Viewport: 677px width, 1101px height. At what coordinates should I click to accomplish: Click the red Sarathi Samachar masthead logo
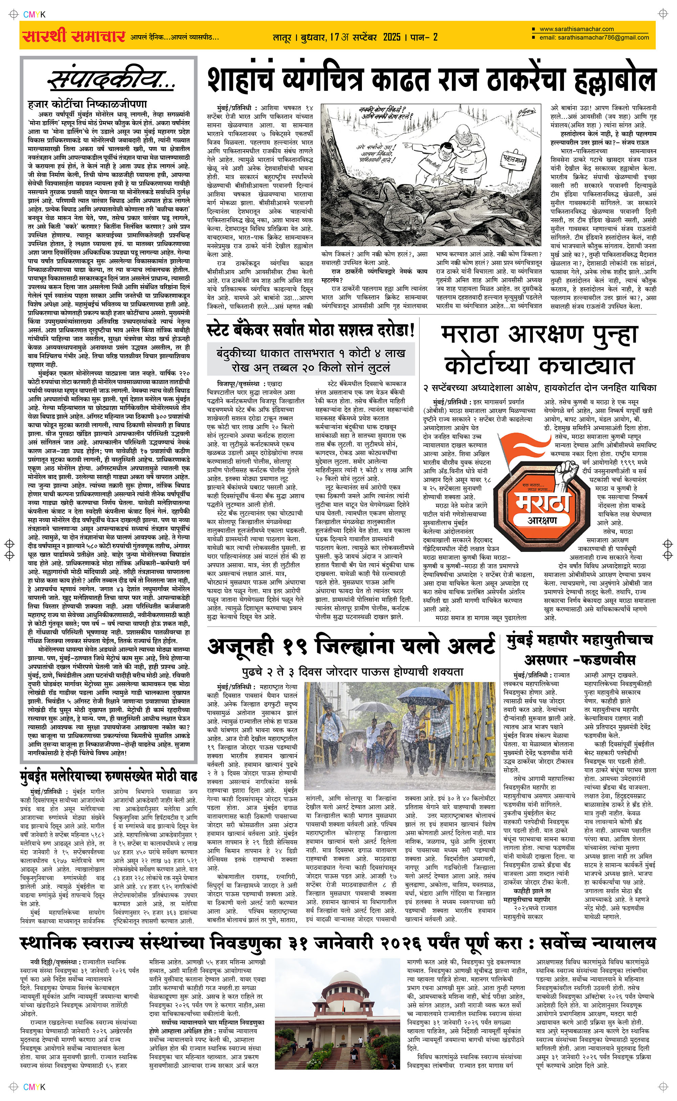73,36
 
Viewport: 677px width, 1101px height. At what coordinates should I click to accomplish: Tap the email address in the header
594,38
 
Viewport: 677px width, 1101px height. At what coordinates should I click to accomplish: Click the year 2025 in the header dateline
391,37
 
